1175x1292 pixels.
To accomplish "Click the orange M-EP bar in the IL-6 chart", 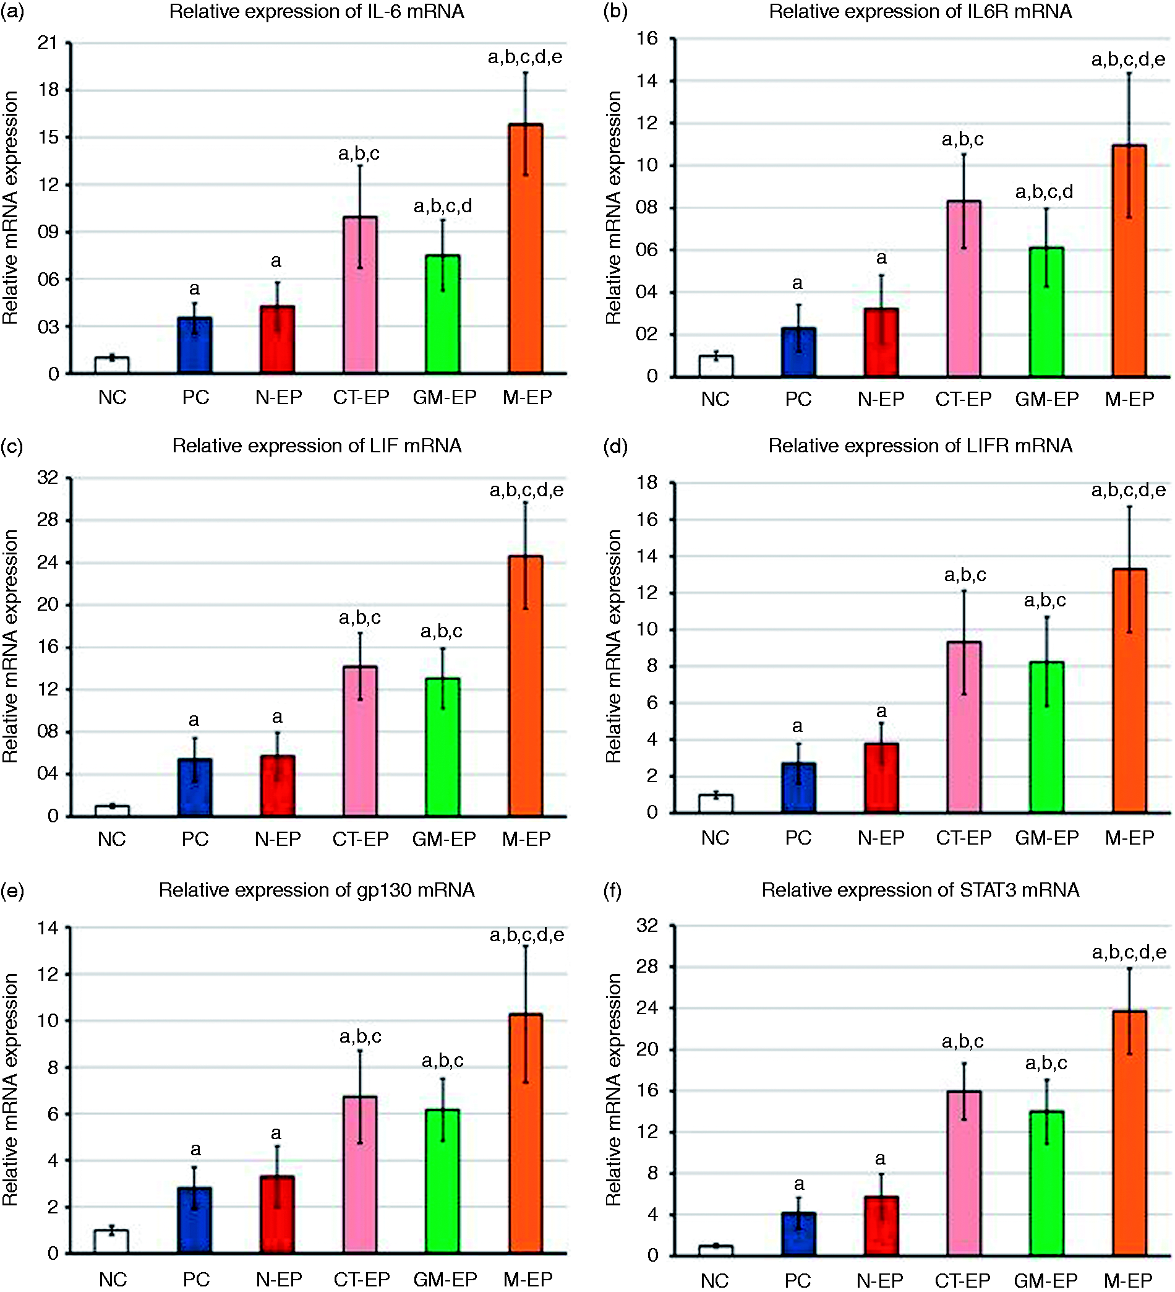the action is pyautogui.click(x=526, y=249).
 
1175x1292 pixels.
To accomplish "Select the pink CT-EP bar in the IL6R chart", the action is pyautogui.click(x=963, y=288).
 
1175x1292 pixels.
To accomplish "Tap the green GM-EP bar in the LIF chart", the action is pyautogui.click(x=443, y=747).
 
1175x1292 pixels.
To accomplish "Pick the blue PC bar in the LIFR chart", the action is pyautogui.click(x=798, y=788).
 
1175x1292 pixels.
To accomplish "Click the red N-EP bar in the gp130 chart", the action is pyautogui.click(x=278, y=1215).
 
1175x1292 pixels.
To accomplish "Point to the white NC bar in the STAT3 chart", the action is pyautogui.click(x=716, y=1251).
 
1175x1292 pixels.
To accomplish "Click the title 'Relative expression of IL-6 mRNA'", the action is pyautogui.click(x=317, y=12).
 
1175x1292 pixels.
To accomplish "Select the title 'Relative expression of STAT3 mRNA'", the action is pyautogui.click(x=920, y=890).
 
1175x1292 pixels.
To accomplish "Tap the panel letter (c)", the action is pyautogui.click(x=12, y=446).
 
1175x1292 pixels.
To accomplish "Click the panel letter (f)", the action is pyautogui.click(x=613, y=890).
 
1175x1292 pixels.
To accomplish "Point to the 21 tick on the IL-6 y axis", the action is pyautogui.click(x=48, y=43).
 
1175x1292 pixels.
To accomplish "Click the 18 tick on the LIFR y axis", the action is pyautogui.click(x=647, y=483).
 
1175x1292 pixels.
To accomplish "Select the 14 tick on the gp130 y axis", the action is pyautogui.click(x=48, y=928).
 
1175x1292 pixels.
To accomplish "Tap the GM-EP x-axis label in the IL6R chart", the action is pyautogui.click(x=1047, y=399).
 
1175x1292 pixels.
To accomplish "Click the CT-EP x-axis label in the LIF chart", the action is pyautogui.click(x=361, y=839).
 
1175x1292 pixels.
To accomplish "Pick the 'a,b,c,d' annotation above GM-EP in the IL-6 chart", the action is pyautogui.click(x=443, y=205).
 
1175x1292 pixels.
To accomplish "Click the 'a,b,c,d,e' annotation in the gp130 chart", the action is pyautogui.click(x=527, y=935).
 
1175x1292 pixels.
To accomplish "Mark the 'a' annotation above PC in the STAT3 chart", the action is pyautogui.click(x=798, y=1184).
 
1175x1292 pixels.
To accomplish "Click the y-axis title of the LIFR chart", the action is pyautogui.click(x=613, y=646).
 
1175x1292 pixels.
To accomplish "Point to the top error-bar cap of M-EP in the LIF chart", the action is pyautogui.click(x=526, y=502).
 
